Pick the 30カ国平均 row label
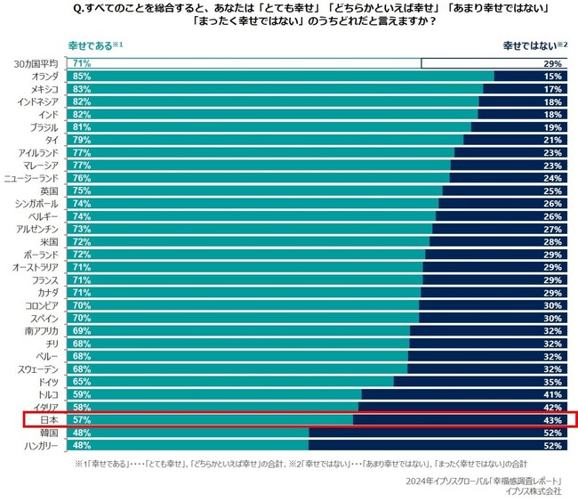point(36,64)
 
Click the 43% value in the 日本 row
point(552,418)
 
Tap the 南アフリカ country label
point(42,329)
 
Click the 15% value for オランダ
point(552,77)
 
